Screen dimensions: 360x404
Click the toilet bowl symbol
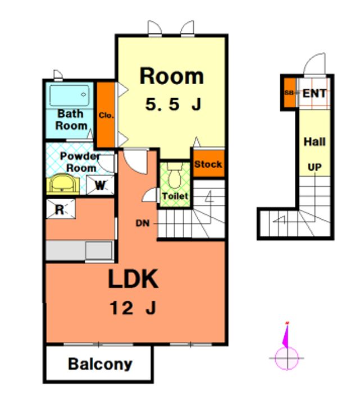pos(174,176)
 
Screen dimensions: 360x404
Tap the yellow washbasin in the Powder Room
pos(63,184)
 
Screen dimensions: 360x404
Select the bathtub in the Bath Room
pos(70,95)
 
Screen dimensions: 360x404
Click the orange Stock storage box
pos(208,164)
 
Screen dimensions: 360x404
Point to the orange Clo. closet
pos(106,115)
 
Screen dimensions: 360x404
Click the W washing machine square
pos(100,185)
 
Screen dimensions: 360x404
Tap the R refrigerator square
pos(61,209)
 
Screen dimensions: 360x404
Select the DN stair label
pos(143,223)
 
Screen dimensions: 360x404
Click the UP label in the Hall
pos(315,167)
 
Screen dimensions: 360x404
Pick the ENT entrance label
pos(315,93)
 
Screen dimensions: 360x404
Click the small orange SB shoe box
pos(290,93)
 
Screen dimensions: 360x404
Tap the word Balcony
pos(100,364)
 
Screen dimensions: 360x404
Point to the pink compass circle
pos(287,358)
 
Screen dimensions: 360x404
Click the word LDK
pos(133,279)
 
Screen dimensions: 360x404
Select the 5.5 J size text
pos(173,104)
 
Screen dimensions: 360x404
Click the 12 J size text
pos(133,308)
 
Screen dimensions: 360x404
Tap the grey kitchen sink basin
pos(99,250)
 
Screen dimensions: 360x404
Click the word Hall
pos(315,142)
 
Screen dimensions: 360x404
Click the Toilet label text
pos(175,196)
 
